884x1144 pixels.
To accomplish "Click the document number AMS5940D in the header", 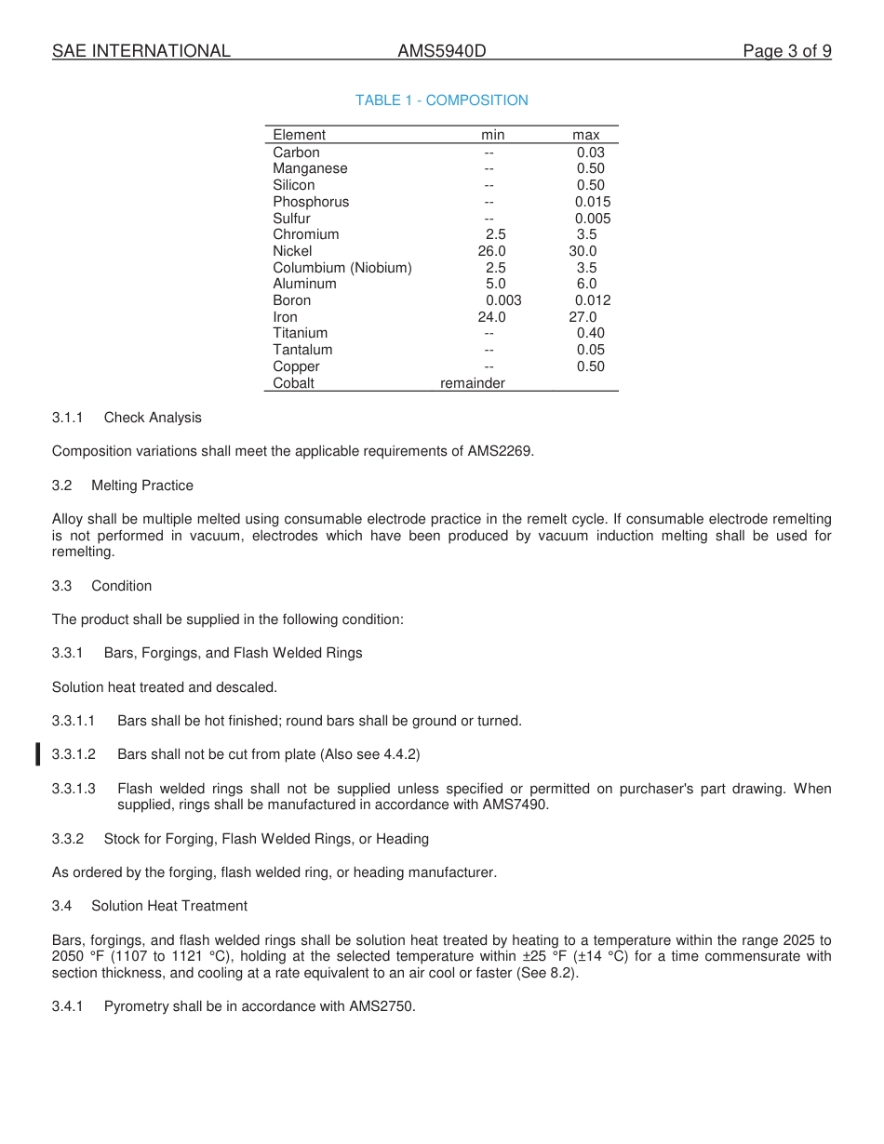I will pyautogui.click(x=441, y=51).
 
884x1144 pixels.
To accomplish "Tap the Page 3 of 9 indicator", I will pyautogui.click(x=786, y=51).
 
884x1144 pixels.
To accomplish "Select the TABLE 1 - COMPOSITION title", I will pyautogui.click(x=441, y=100).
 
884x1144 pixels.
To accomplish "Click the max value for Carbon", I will pyautogui.click(x=590, y=153).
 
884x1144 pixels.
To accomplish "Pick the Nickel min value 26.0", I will pyautogui.click(x=491, y=251).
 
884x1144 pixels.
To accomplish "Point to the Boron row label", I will pyautogui.click(x=291, y=300).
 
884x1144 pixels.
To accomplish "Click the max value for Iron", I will pyautogui.click(x=583, y=317).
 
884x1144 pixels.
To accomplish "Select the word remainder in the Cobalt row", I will pyautogui.click(x=473, y=383).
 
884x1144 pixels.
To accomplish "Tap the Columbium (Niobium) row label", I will pyautogui.click(x=342, y=268).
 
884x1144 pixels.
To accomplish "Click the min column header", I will pyautogui.click(x=492, y=135).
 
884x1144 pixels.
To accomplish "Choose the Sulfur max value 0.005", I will pyautogui.click(x=592, y=219).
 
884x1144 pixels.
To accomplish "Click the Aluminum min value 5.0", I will pyautogui.click(x=495, y=284).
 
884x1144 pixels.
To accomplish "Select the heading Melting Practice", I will pyautogui.click(x=142, y=486).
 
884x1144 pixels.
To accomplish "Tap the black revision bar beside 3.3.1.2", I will pyautogui.click(x=37, y=754).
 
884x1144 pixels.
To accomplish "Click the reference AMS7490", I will pyautogui.click(x=516, y=805).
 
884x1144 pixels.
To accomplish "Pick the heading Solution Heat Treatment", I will pyautogui.click(x=169, y=906).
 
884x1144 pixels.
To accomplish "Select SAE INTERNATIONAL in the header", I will pyautogui.click(x=141, y=51).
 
